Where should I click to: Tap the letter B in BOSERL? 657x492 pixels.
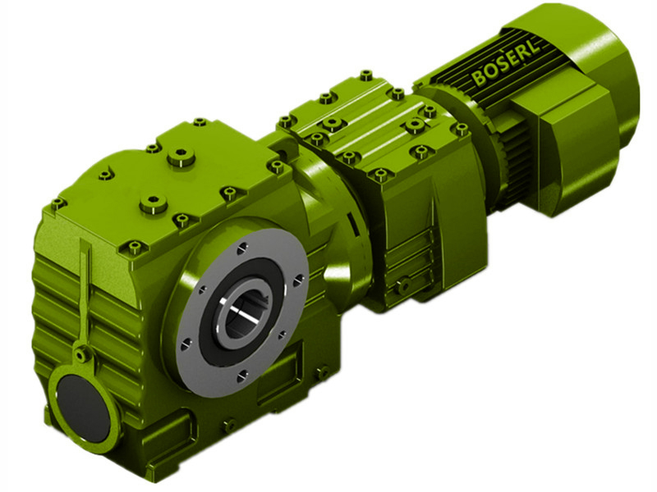point(476,79)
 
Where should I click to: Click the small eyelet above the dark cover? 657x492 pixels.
point(82,355)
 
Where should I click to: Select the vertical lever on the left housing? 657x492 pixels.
point(84,295)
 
